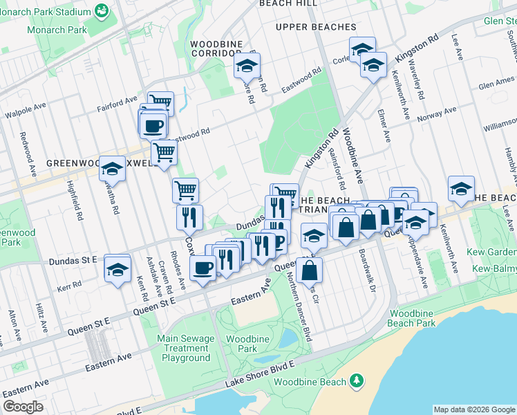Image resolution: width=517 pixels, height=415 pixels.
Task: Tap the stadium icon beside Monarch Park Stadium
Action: click(x=102, y=11)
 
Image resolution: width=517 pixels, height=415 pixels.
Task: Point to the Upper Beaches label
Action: click(x=315, y=27)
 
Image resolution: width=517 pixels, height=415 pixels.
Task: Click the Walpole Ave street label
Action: click(x=25, y=111)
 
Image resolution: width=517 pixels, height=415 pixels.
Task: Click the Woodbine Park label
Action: click(x=242, y=344)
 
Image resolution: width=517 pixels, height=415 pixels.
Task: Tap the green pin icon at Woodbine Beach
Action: click(x=357, y=380)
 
